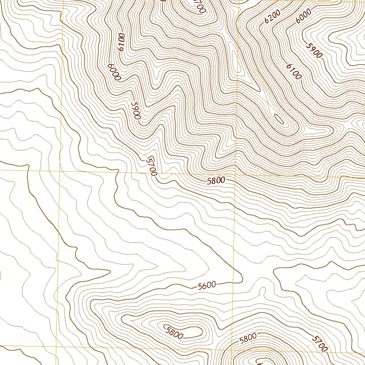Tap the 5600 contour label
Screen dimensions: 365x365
pyautogui.click(x=207, y=285)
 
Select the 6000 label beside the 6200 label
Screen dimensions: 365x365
pyautogui.click(x=304, y=16)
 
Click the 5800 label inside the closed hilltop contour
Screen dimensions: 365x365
pyautogui.click(x=174, y=332)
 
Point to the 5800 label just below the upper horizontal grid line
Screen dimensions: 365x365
pyautogui.click(x=216, y=181)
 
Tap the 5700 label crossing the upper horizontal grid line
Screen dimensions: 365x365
pyautogui.click(x=151, y=166)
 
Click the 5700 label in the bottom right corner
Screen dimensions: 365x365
pyautogui.click(x=319, y=343)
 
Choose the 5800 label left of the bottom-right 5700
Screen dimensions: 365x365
pyautogui.click(x=248, y=338)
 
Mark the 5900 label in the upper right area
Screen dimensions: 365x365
pyautogui.click(x=314, y=50)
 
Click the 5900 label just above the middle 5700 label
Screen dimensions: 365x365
pyautogui.click(x=136, y=110)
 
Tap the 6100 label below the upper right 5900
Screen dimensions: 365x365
pyautogui.click(x=294, y=71)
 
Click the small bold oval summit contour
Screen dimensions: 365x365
pyautogui.click(x=279, y=119)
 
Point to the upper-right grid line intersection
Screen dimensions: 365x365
pyautogui.click(x=236, y=175)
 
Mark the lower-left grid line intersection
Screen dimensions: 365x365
pyautogui.click(x=57, y=346)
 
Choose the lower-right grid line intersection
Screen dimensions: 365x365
pyautogui.click(x=231, y=350)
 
